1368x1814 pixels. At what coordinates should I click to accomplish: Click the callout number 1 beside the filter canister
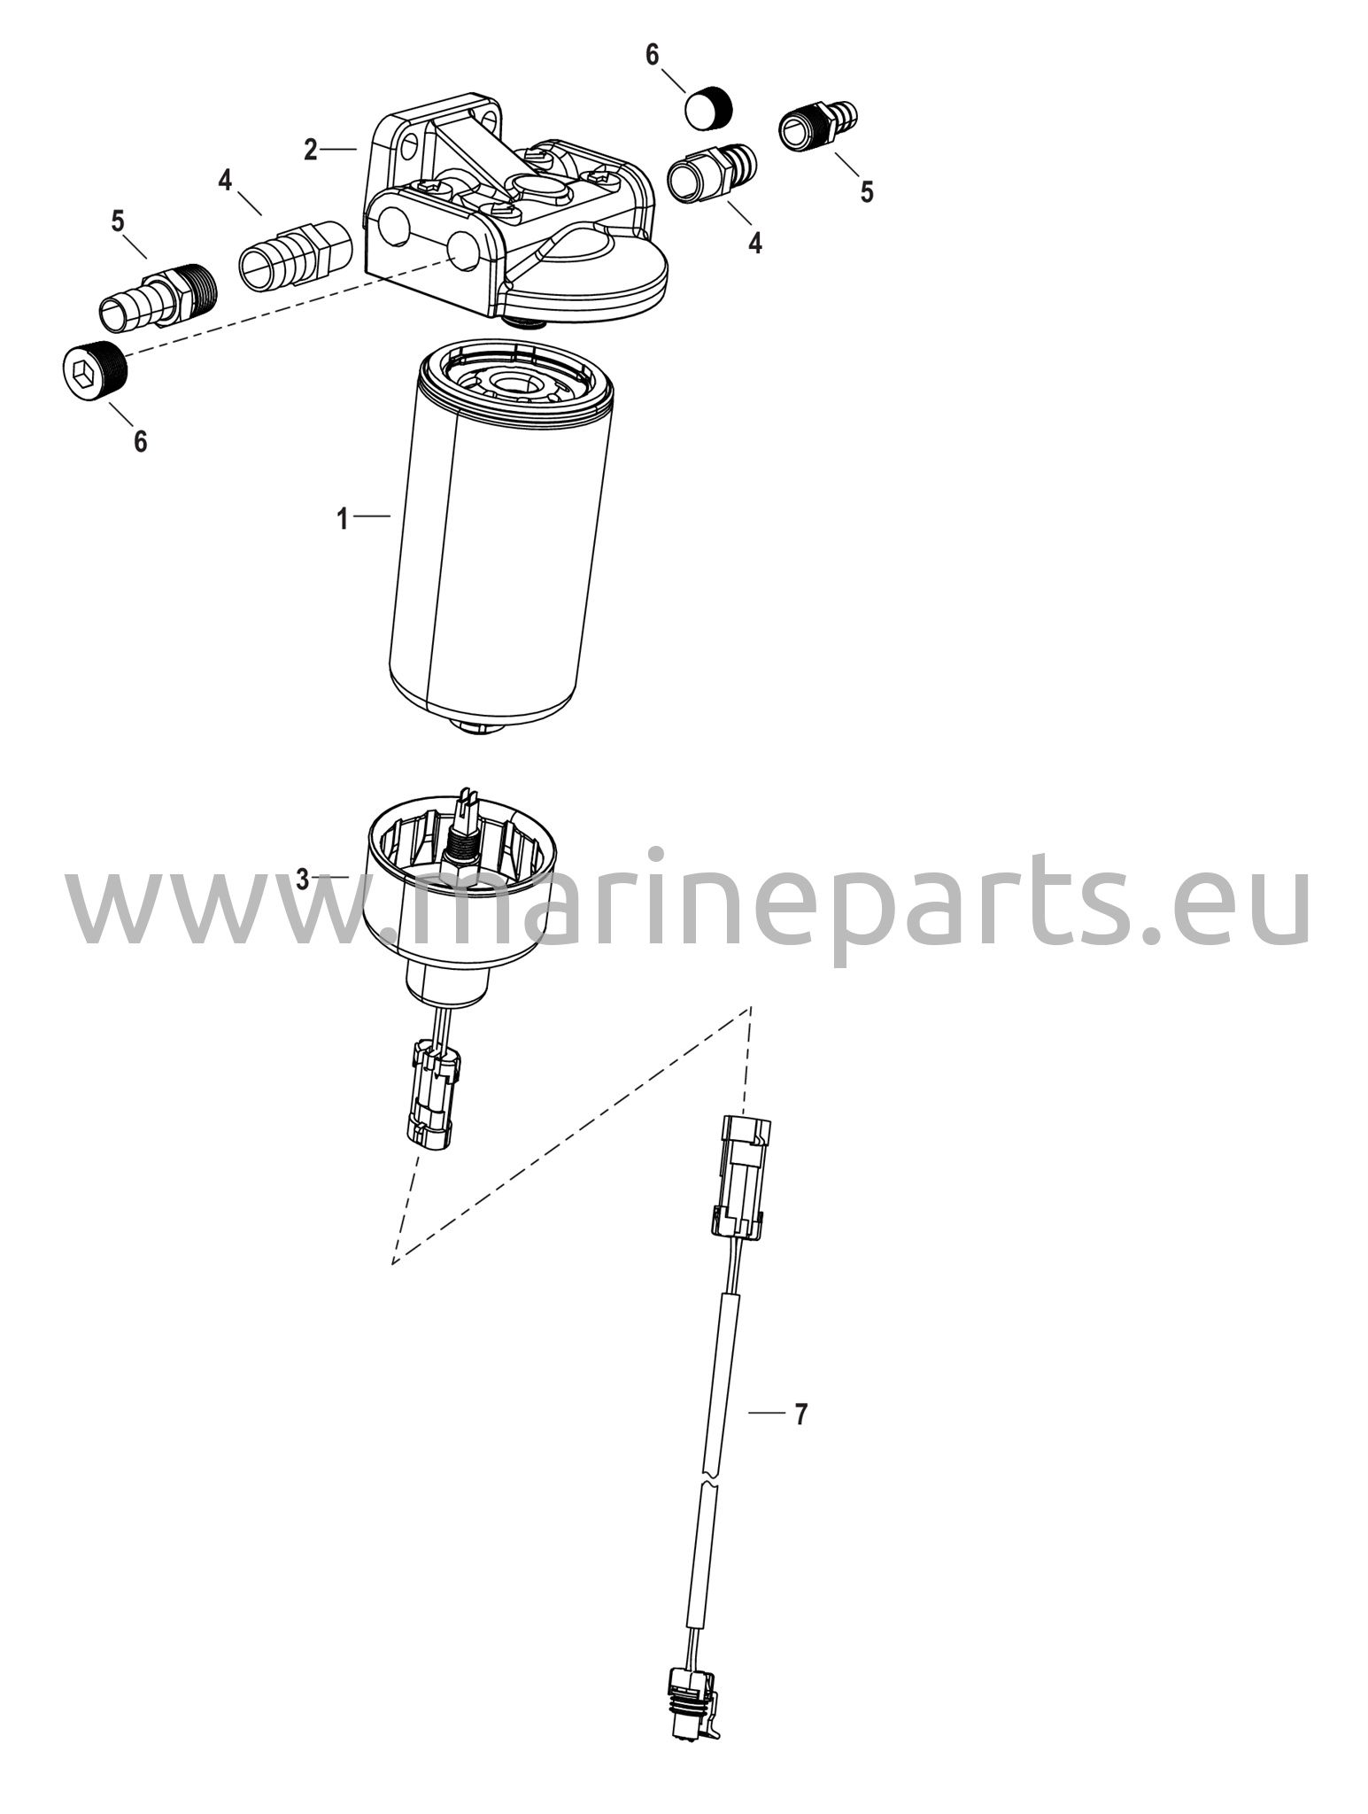343,518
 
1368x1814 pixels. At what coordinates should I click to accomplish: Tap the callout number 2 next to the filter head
310,150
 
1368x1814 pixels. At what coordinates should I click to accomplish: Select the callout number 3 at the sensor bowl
303,880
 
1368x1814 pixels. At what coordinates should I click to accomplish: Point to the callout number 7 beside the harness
800,1415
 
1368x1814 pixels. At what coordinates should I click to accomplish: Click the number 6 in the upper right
653,55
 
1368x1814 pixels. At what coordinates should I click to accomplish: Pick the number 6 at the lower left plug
141,441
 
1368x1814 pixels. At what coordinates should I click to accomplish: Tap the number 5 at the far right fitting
867,191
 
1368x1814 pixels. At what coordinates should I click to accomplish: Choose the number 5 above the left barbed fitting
118,221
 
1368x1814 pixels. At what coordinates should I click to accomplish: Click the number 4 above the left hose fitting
226,181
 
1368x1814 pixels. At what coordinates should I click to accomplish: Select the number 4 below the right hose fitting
755,242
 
